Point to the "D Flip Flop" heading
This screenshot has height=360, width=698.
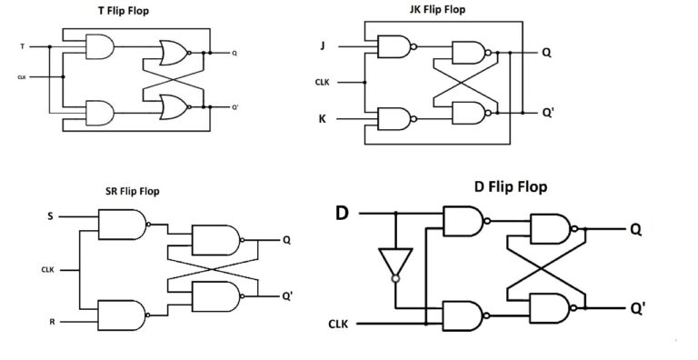point(510,186)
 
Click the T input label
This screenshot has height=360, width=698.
point(21,45)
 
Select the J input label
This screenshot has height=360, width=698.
point(322,45)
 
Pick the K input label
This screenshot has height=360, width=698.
point(322,118)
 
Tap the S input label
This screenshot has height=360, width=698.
point(50,216)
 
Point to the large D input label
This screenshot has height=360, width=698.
point(342,214)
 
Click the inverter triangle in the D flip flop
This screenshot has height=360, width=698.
point(395,262)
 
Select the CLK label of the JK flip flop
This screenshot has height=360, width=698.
point(322,82)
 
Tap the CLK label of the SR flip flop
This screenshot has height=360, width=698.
point(48,269)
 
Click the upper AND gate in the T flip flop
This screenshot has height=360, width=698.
point(98,46)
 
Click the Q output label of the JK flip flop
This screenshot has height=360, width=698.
point(546,53)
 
